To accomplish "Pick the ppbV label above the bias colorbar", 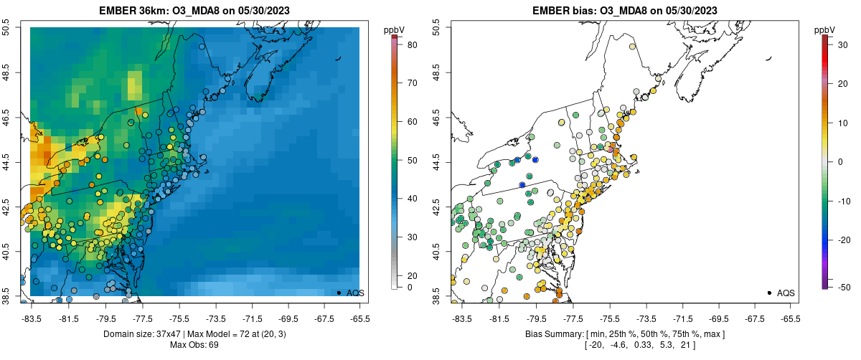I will pos(824,29).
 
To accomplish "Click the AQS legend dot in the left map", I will pos(338,293).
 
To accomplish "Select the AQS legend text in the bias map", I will pos(786,293).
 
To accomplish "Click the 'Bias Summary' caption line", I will pos(624,334).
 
